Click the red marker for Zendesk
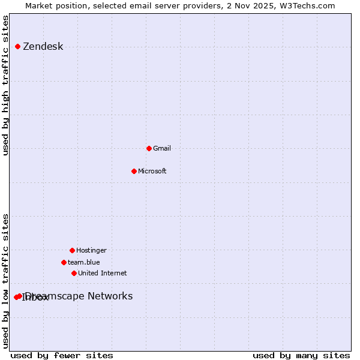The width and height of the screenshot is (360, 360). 17,46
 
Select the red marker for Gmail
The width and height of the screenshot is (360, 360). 149,148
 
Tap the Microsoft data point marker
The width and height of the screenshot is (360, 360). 134,171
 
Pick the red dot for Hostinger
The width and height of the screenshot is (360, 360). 72,250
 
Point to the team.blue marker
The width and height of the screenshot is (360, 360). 64,262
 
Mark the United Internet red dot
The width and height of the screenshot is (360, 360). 74,273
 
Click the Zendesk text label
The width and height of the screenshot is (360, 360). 43,47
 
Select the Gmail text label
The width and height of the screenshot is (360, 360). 162,148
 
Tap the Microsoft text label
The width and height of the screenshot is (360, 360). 152,171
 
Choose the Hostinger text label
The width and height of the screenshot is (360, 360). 91,250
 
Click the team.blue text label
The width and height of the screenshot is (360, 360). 83,262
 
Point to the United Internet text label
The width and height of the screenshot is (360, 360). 102,273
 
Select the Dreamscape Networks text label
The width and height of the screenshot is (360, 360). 79,296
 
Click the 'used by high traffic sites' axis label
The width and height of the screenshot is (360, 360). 6,85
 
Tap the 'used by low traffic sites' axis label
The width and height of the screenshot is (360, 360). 6,281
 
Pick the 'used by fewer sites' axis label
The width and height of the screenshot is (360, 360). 62,356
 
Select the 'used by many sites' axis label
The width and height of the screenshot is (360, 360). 301,356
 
